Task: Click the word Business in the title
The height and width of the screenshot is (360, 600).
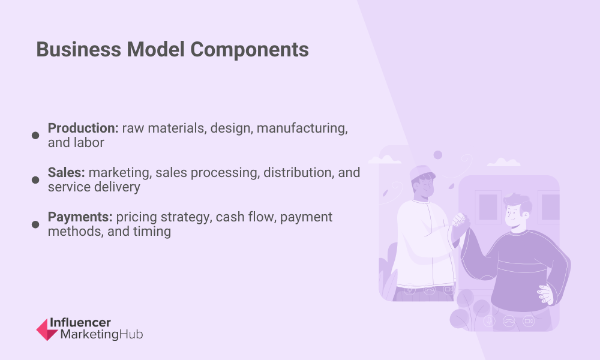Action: (79, 50)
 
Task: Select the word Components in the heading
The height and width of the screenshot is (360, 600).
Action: (250, 50)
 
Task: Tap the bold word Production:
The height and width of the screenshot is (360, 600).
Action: (83, 128)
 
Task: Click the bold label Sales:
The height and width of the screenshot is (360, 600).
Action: (66, 173)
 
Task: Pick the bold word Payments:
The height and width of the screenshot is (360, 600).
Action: (80, 217)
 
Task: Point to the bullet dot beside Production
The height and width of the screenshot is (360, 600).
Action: (35, 136)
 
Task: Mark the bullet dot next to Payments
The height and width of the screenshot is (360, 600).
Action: (35, 224)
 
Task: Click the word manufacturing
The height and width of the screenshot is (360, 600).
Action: (302, 128)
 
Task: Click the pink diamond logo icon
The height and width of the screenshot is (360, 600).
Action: (47, 329)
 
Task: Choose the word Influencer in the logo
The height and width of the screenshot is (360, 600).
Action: (80, 323)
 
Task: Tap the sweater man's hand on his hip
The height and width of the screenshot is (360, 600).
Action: (545, 294)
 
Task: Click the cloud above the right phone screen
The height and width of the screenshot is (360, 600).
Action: (503, 162)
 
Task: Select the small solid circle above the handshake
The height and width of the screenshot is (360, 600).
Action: (438, 155)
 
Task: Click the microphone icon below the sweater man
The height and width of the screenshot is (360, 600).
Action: (489, 320)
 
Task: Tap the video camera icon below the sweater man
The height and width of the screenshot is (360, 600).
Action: (529, 321)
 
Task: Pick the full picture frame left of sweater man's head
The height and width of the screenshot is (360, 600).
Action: (488, 207)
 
